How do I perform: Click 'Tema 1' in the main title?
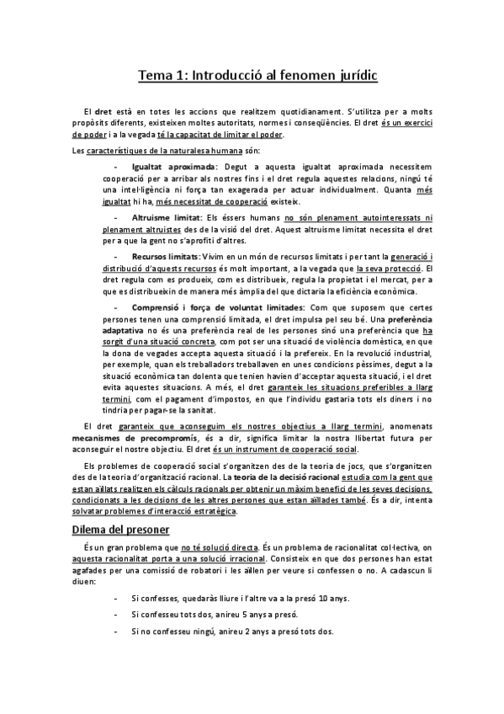tap(162, 76)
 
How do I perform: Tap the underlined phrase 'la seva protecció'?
tap(390, 267)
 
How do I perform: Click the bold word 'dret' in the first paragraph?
tap(103, 110)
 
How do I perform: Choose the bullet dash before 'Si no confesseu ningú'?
tap(114, 631)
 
